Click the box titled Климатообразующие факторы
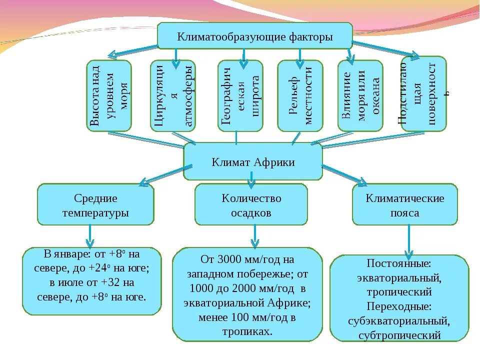(x=255, y=36)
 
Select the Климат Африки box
(x=253, y=162)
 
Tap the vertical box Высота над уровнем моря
(x=109, y=96)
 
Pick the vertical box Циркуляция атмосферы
(x=173, y=96)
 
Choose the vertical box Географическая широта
(x=240, y=96)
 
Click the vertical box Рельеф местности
(x=300, y=96)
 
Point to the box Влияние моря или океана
(x=360, y=96)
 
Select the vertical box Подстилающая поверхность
(x=423, y=94)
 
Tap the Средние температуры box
(x=95, y=205)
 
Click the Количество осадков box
(x=251, y=205)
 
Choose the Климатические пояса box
(x=404, y=205)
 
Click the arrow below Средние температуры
(x=90, y=236)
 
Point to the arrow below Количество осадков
(x=254, y=236)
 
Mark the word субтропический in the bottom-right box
(x=399, y=335)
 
